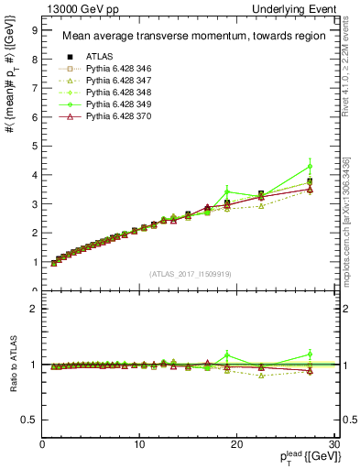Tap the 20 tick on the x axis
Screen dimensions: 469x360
pyautogui.click(x=236, y=444)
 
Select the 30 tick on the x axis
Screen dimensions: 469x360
pyautogui.click(x=333, y=444)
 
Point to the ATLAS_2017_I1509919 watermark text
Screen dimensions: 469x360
pyautogui.click(x=189, y=273)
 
